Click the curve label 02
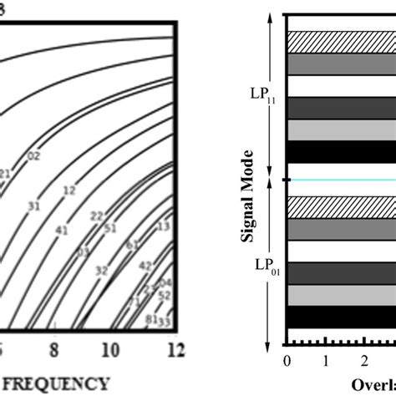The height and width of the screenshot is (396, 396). pos(34,155)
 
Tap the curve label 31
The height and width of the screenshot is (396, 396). pos(34,205)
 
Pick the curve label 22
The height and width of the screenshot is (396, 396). pos(98,216)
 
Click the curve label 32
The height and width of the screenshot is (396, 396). pos(101,270)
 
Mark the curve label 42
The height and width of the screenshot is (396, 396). pos(145,265)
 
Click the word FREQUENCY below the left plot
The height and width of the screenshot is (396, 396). pos(58,383)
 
